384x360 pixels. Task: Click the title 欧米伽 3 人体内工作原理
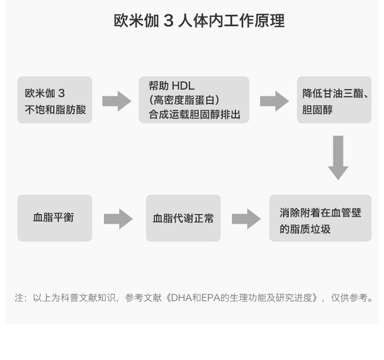click(x=198, y=21)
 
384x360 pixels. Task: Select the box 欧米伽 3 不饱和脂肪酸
click(x=55, y=100)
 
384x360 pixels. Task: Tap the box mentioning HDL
click(x=194, y=100)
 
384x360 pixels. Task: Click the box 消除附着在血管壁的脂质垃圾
click(x=320, y=218)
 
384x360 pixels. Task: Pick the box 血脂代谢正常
click(x=183, y=218)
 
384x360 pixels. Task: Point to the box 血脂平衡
click(x=55, y=218)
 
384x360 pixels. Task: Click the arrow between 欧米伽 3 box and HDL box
click(x=116, y=101)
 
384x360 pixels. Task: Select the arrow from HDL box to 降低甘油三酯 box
click(x=274, y=101)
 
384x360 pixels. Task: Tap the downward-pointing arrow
click(x=338, y=157)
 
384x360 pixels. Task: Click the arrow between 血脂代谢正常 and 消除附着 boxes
click(x=246, y=218)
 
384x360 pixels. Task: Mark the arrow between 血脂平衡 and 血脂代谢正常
click(x=118, y=218)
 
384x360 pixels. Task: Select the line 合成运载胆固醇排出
click(x=194, y=114)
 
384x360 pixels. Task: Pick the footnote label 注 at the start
click(x=19, y=298)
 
